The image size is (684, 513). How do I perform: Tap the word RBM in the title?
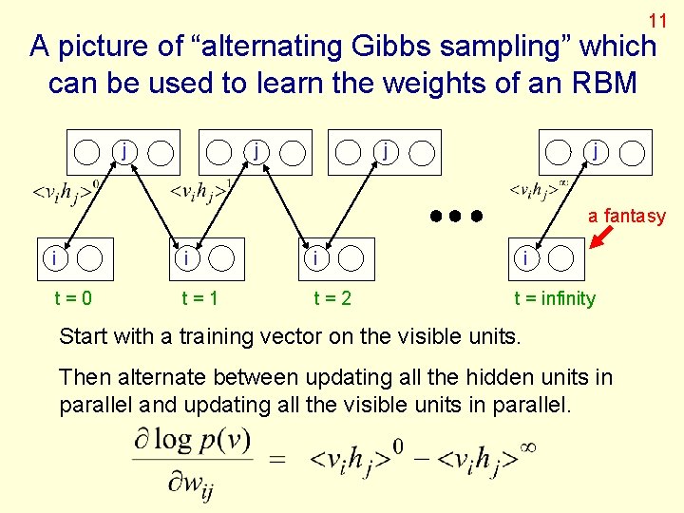coord(604,83)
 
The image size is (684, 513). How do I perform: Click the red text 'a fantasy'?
coord(627,216)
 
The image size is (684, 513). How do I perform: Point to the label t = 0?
coord(73,298)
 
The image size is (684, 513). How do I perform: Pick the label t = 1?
coord(199,298)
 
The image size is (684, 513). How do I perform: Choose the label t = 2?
coord(332,298)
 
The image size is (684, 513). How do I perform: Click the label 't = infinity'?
coord(555,298)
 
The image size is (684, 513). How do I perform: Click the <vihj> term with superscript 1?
coord(200,192)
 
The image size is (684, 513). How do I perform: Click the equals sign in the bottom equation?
coord(278,459)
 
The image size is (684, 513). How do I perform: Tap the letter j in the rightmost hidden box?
coord(595,149)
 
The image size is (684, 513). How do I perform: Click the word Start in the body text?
coord(83,335)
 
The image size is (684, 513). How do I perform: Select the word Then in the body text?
coord(82,377)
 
